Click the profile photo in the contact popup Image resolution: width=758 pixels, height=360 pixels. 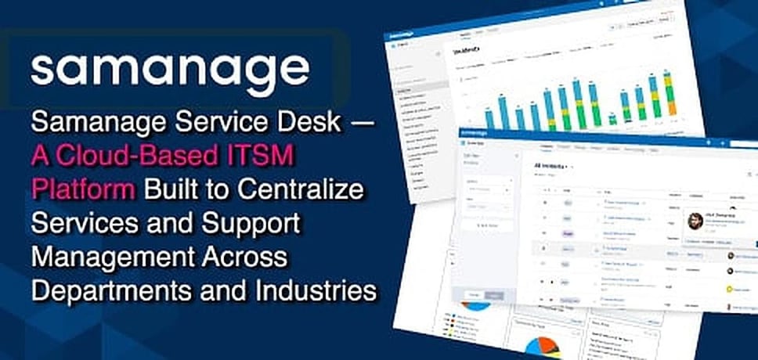pyautogui.click(x=693, y=221)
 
